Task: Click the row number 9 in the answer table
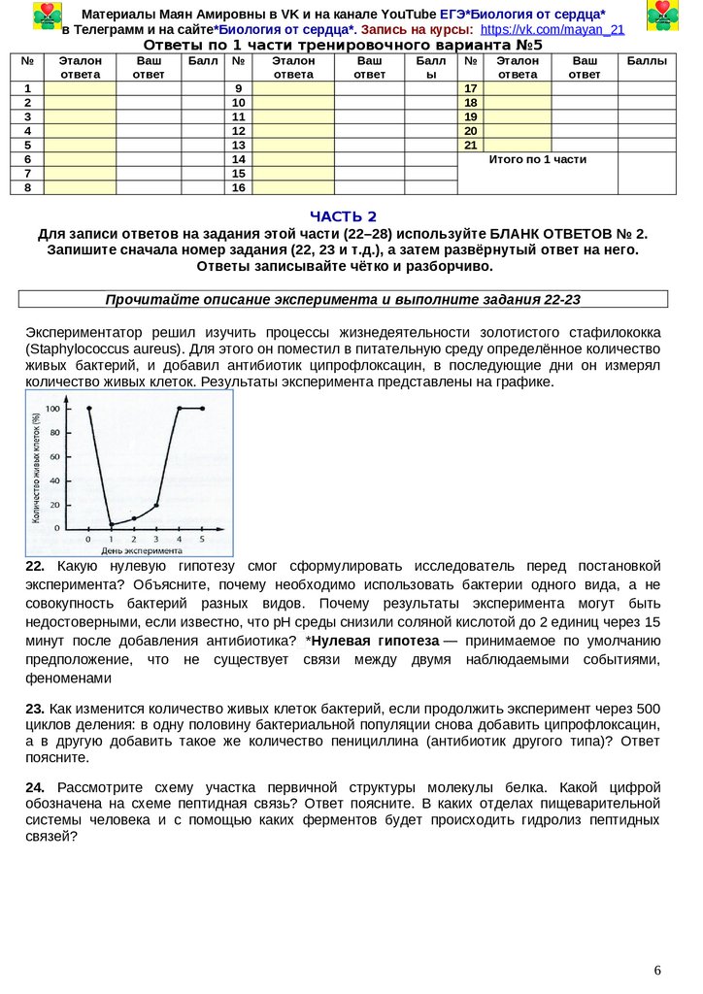238,88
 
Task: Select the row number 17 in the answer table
471,88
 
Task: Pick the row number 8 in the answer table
27,187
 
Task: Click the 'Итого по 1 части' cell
537,159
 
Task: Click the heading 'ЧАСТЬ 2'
342,215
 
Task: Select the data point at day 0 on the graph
88,409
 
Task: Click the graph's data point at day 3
156,505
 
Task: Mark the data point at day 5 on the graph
202,409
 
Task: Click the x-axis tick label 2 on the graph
134,538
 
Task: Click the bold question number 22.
35,565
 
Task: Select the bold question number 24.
35,786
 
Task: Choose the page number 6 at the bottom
657,971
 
